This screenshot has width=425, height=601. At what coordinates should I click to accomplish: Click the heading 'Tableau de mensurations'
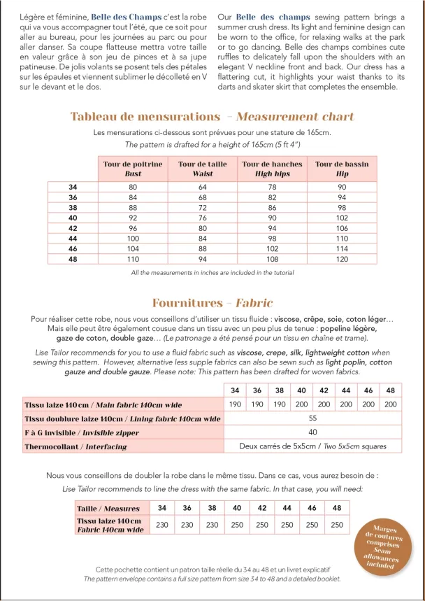point(145,116)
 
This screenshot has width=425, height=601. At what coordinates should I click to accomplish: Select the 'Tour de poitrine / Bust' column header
point(133,169)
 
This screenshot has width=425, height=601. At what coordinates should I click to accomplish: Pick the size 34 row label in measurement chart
point(73,187)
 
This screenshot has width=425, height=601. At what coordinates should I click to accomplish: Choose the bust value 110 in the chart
point(133,259)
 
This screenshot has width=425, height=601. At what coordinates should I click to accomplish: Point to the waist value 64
point(203,187)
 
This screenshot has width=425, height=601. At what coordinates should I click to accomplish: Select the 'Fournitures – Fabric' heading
point(212,303)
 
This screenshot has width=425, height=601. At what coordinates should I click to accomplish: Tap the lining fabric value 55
point(312,418)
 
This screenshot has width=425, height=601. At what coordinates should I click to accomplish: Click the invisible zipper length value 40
point(312,432)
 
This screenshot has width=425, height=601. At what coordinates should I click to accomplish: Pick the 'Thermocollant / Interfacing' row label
point(76,446)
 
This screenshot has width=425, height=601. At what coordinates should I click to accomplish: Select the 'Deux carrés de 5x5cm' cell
point(312,446)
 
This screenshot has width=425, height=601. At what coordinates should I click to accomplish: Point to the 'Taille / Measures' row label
point(108,509)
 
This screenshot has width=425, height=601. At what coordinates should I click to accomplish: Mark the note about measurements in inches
point(212,272)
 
